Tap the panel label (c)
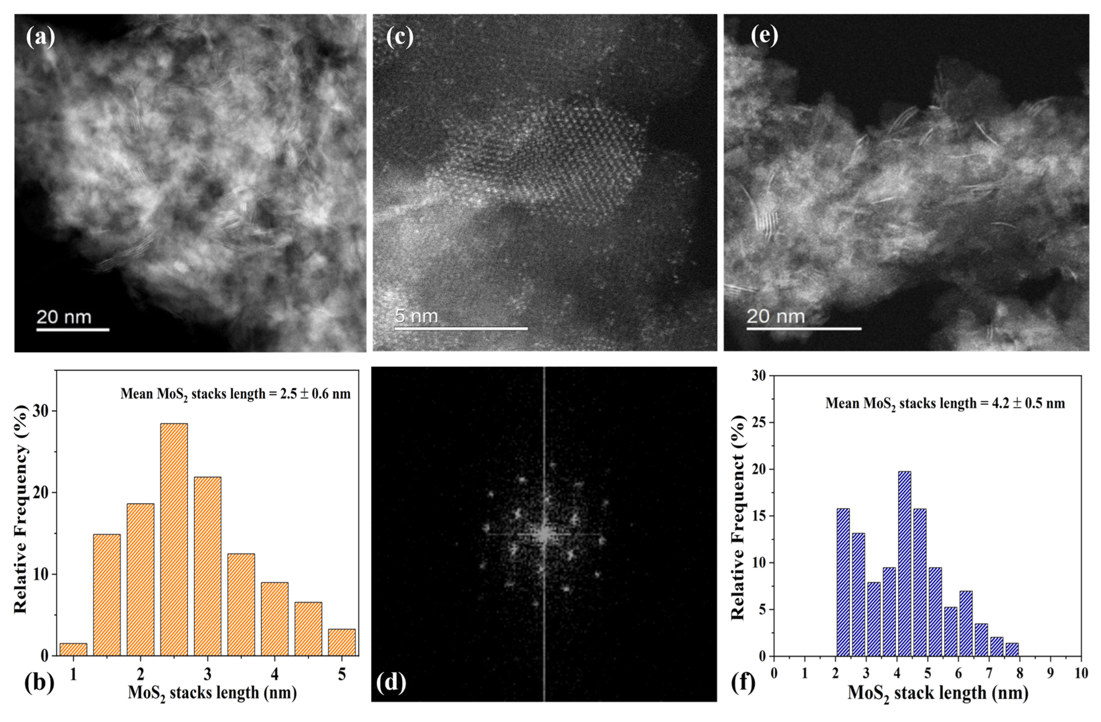(400, 37)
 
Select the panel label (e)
(764, 36)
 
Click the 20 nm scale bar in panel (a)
(73, 329)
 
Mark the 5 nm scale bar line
(461, 329)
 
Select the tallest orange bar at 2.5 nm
(174, 539)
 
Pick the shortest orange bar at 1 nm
(73, 649)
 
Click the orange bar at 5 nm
(342, 642)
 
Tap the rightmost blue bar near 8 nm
(1012, 649)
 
